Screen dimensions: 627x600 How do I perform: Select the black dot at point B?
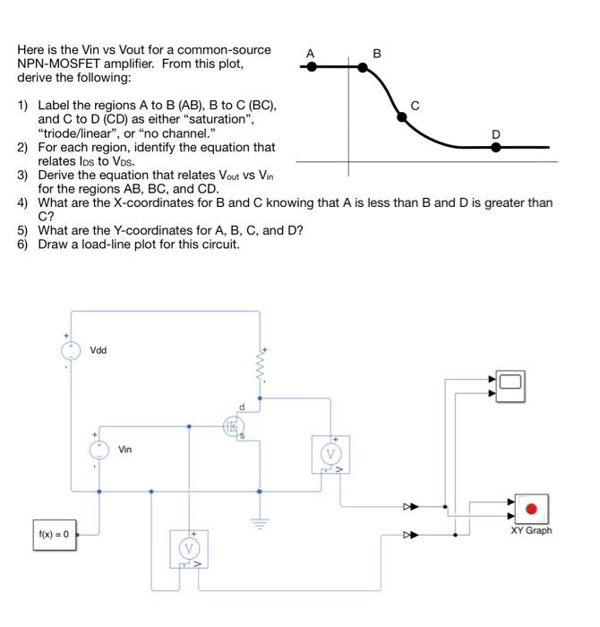click(x=376, y=66)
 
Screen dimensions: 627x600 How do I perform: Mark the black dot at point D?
click(x=495, y=146)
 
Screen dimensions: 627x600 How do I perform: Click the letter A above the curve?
click(x=310, y=53)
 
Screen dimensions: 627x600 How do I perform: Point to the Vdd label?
click(x=99, y=350)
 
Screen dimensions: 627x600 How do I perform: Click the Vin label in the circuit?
click(x=124, y=449)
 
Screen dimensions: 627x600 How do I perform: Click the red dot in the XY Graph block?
click(x=531, y=510)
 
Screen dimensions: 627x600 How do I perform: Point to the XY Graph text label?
click(x=531, y=530)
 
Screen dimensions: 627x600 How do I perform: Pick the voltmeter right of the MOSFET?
click(x=330, y=454)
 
